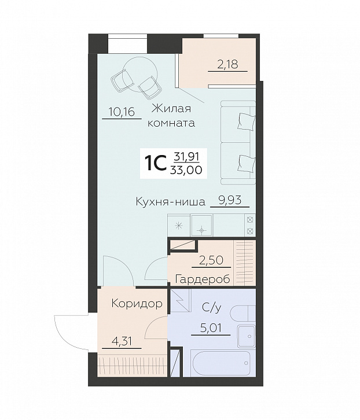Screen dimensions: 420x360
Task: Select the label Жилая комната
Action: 171,115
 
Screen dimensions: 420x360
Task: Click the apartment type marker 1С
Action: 156,163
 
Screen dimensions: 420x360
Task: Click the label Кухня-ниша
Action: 170,202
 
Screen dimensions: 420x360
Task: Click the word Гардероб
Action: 202,279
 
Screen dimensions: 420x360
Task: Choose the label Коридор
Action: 136,304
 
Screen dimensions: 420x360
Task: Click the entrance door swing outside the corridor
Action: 69,333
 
